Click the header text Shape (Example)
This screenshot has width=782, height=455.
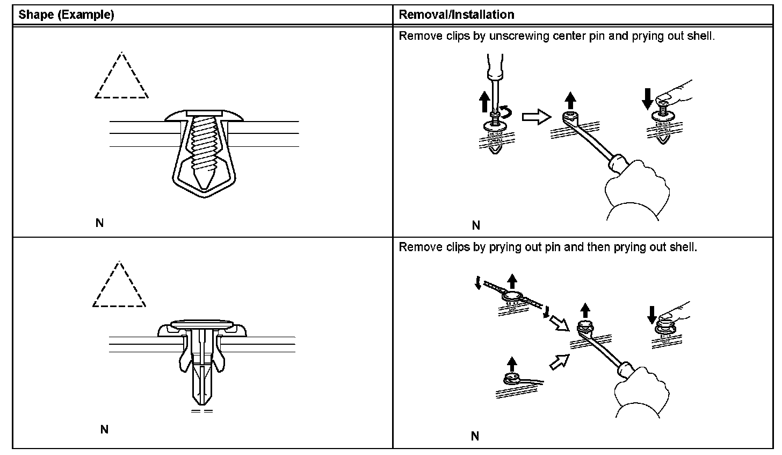pyautogui.click(x=66, y=15)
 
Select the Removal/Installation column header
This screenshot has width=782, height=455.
pyautogui.click(x=456, y=15)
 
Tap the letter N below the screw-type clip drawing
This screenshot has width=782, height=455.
pyautogui.click(x=99, y=223)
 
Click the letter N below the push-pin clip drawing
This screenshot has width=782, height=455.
pyautogui.click(x=104, y=429)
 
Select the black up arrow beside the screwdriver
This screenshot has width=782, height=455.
pyautogui.click(x=484, y=101)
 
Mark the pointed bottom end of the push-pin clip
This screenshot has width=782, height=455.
pyautogui.click(x=202, y=402)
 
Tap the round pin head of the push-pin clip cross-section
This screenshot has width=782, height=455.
pyautogui.click(x=202, y=324)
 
